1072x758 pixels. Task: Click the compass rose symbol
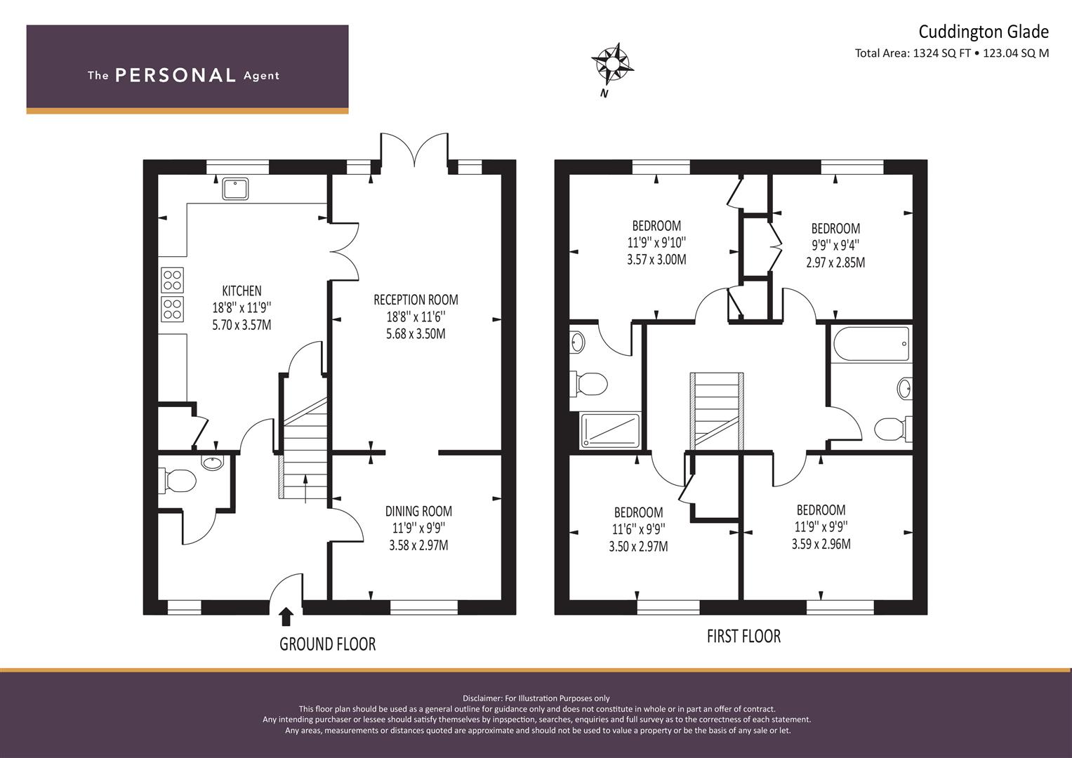coord(612,63)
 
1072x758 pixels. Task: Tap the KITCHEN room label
coord(241,291)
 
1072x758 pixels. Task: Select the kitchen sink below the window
coord(235,188)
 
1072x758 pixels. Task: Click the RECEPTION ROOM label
coord(416,300)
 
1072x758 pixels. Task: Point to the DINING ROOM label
coord(418,511)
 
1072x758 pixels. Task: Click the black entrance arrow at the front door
coord(286,616)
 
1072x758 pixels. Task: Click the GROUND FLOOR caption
coord(327,644)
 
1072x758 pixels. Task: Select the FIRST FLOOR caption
coord(743,636)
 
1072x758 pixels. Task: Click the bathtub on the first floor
coord(871,344)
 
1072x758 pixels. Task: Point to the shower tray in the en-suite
coord(609,431)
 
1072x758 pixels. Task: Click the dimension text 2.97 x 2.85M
coord(835,262)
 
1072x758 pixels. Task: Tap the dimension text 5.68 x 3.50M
coord(416,334)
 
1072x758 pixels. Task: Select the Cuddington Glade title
coord(984,32)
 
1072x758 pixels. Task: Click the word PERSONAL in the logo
coord(176,76)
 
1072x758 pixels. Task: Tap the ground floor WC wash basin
coord(212,463)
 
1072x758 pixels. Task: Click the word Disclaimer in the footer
coord(482,698)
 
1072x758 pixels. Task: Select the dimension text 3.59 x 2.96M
coord(821,544)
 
